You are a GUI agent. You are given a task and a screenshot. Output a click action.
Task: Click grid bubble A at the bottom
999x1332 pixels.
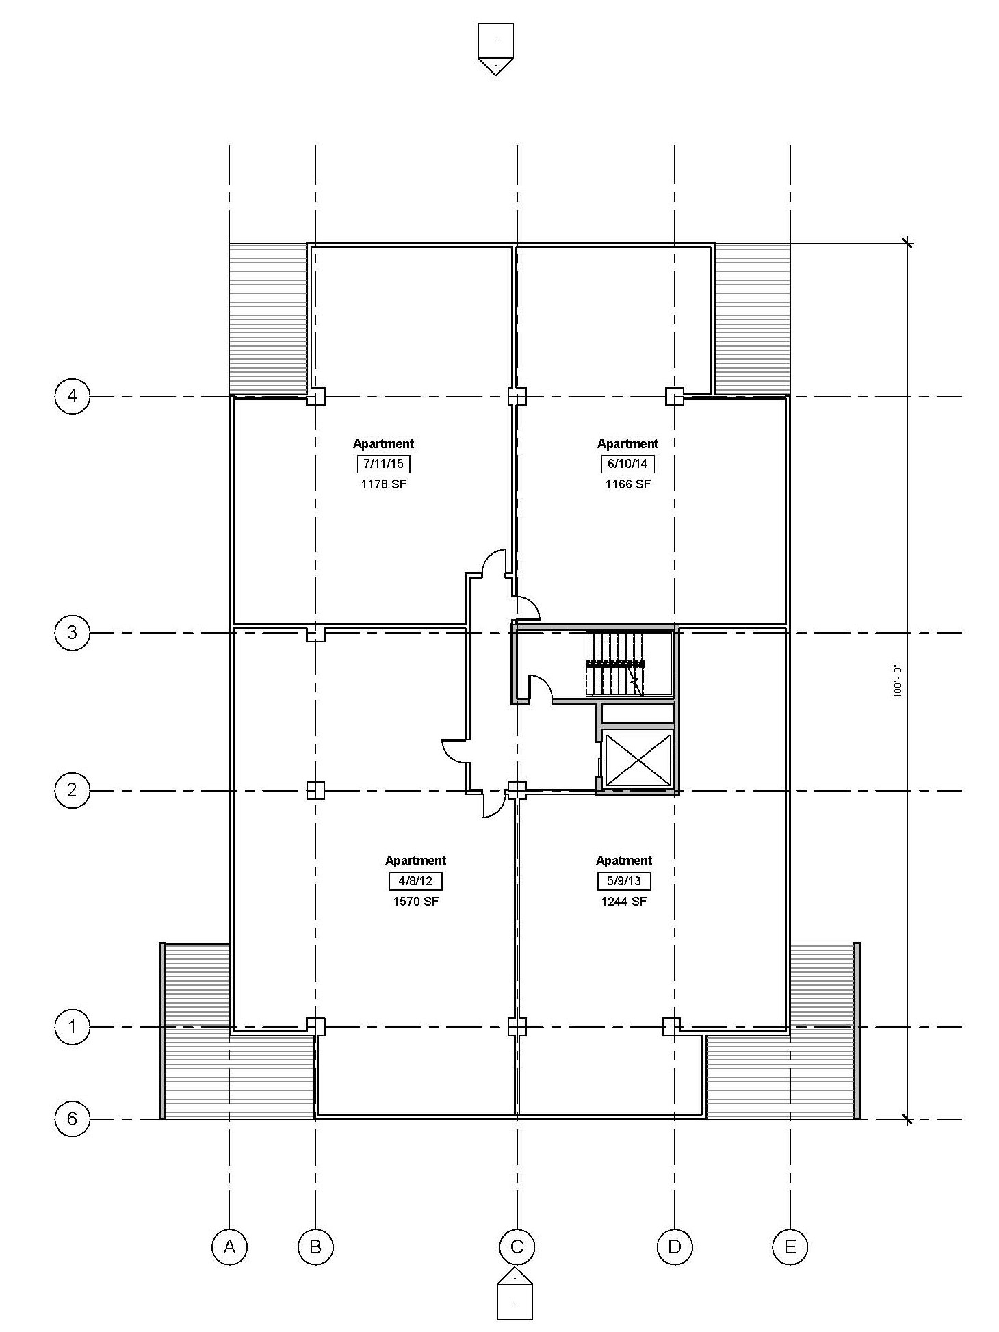click(x=229, y=1246)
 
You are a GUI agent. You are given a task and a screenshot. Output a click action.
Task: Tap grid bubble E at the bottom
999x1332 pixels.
click(x=790, y=1246)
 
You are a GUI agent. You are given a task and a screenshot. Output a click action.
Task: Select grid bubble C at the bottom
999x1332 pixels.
click(x=517, y=1246)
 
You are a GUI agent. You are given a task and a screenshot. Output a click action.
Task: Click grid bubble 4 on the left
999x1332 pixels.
click(x=72, y=396)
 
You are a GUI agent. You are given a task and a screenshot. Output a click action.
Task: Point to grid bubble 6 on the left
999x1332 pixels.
click(x=72, y=1119)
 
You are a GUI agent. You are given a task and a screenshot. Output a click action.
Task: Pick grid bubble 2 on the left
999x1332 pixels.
click(x=72, y=791)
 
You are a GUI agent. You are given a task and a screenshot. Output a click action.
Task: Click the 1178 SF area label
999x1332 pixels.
click(x=383, y=484)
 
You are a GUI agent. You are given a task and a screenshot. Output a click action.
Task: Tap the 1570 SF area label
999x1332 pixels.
click(x=415, y=901)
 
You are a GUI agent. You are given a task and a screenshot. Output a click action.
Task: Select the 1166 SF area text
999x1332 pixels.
click(x=627, y=484)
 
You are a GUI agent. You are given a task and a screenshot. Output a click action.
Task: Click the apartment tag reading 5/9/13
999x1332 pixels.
click(x=623, y=880)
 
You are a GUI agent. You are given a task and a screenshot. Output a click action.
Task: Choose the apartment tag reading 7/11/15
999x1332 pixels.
click(x=383, y=464)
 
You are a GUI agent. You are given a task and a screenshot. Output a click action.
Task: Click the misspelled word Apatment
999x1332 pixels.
click(x=624, y=861)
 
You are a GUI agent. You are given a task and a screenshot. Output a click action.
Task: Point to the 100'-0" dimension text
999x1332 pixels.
click(x=898, y=681)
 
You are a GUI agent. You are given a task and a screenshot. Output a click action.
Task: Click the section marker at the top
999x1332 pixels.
click(x=495, y=49)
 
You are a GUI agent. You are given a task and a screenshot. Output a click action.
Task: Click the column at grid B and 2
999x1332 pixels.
click(x=315, y=791)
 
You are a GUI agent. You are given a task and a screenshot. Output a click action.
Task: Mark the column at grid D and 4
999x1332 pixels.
click(x=675, y=396)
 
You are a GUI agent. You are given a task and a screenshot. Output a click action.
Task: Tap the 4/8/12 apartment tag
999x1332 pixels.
click(x=415, y=880)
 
